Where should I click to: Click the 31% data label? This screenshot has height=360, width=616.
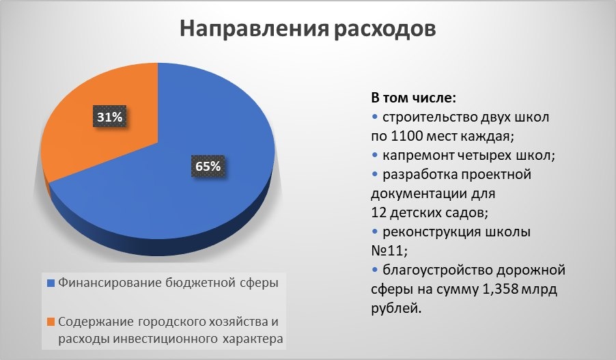click(109, 117)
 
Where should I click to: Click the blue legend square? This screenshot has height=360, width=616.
click(51, 282)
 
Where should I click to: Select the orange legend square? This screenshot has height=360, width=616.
click(51, 321)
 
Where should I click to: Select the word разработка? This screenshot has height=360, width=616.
click(417, 174)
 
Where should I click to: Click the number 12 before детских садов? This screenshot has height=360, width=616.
click(378, 212)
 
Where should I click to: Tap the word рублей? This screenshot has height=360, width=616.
click(393, 309)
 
